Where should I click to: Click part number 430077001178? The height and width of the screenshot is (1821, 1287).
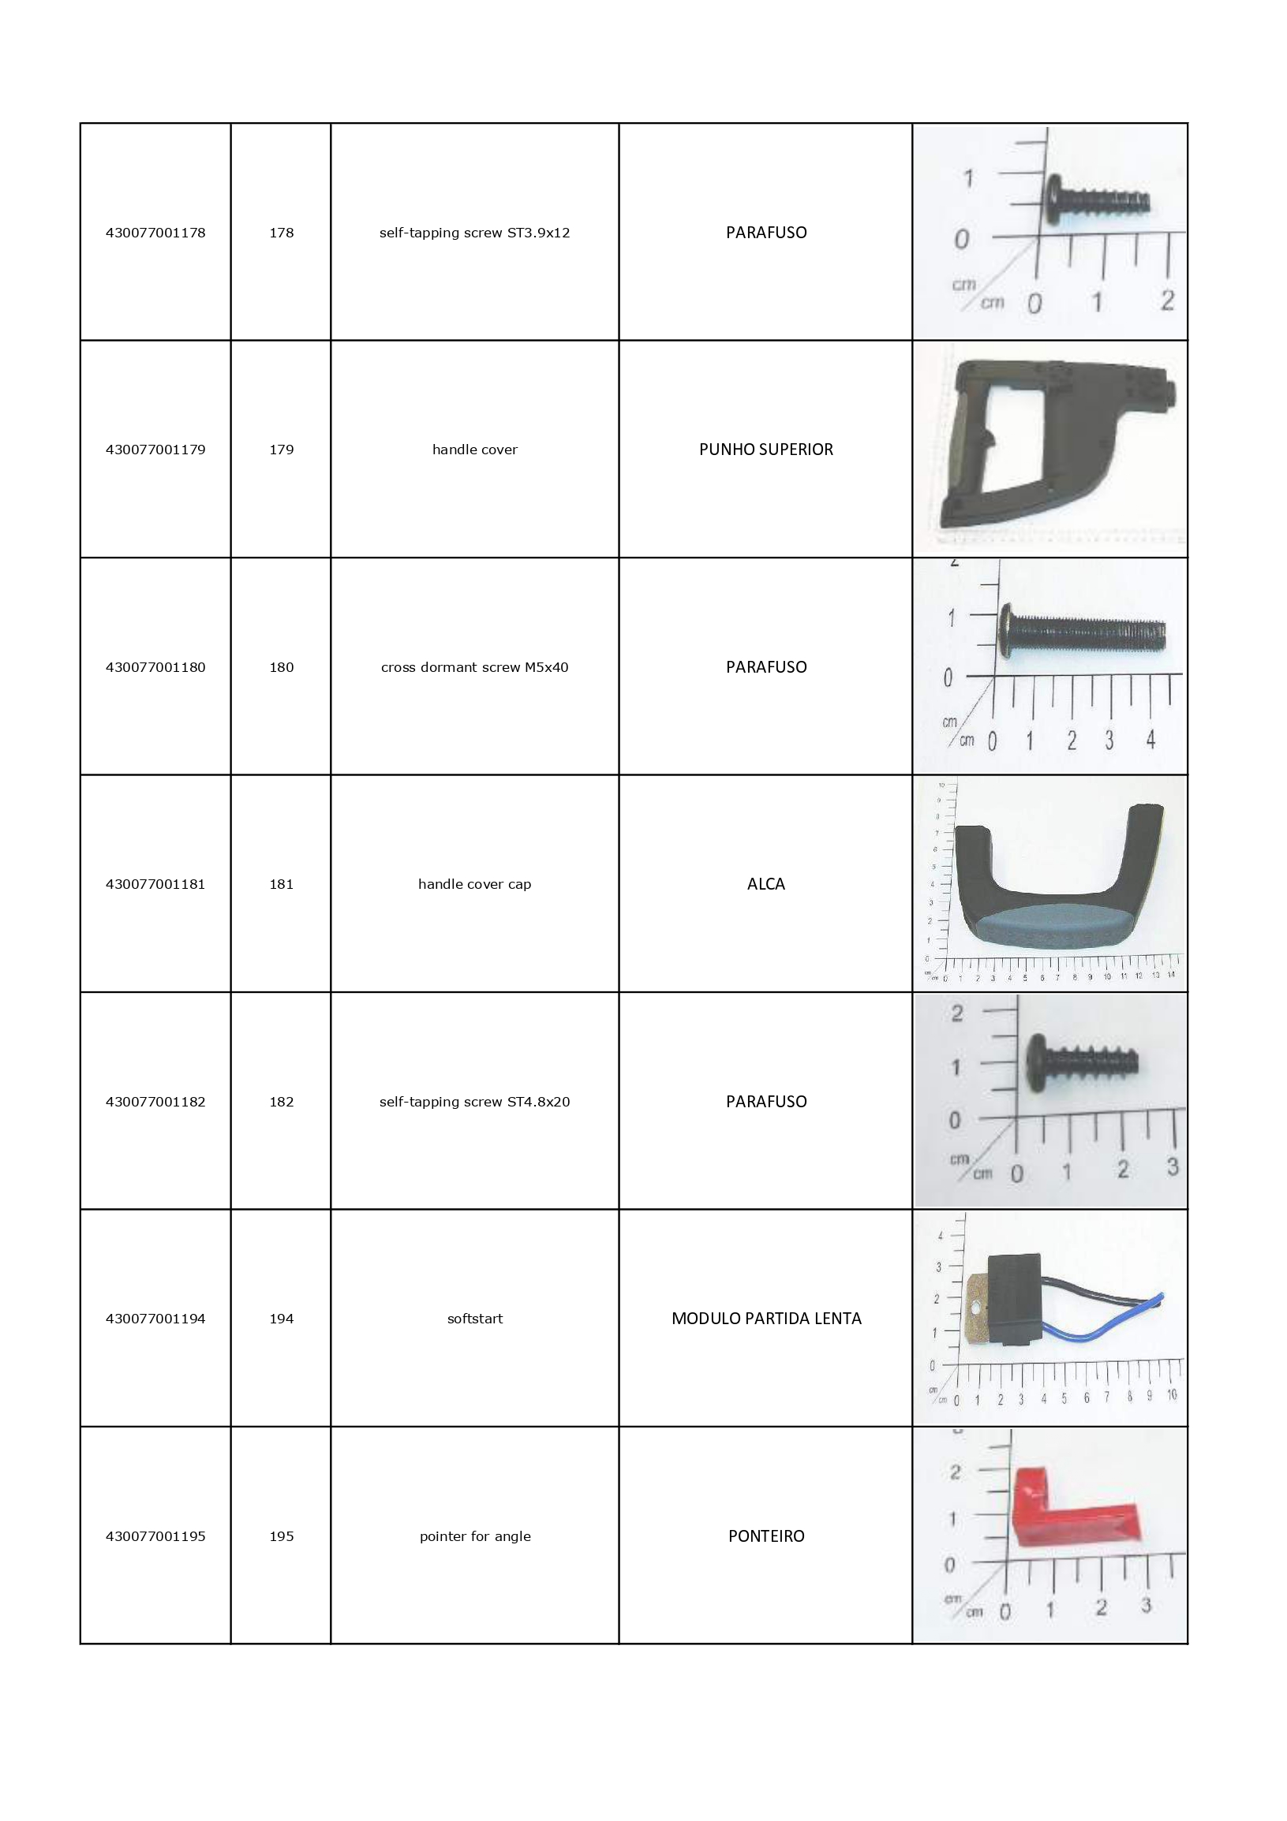[155, 233]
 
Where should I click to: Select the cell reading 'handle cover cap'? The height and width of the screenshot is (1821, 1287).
[474, 883]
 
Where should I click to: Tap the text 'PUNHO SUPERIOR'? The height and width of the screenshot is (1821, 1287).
[765, 450]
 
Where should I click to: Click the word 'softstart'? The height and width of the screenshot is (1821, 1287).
[474, 1318]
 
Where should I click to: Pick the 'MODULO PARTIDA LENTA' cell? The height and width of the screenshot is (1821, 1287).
[765, 1318]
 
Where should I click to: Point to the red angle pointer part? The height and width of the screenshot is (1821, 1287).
[1071, 1517]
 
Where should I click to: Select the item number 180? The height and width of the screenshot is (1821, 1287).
[281, 667]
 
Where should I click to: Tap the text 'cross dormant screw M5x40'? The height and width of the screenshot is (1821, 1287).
[474, 667]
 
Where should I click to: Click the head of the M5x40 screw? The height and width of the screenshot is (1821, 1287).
[1006, 631]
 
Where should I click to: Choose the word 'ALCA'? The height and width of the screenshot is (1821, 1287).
[765, 883]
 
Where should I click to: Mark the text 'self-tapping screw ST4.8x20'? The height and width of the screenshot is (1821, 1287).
[474, 1102]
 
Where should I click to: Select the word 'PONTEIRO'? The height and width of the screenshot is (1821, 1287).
[765, 1536]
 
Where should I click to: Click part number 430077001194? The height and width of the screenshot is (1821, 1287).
[155, 1318]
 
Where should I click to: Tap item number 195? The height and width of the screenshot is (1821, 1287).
[281, 1536]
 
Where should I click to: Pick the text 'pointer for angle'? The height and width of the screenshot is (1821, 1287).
[474, 1536]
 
